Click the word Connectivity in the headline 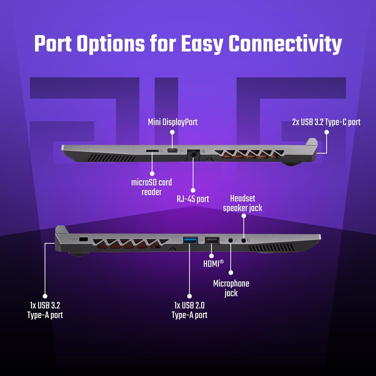[x=285, y=44]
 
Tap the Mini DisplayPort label [x=173, y=122]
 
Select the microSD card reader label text [x=151, y=187]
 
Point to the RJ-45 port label [x=193, y=199]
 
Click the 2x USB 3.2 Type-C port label [x=326, y=122]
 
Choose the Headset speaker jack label [x=242, y=203]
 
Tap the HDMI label [x=213, y=264]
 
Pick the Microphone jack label [x=231, y=289]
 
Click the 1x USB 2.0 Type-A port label [x=189, y=310]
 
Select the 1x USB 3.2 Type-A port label [x=45, y=310]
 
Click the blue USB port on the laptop [x=190, y=240]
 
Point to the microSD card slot [x=152, y=151]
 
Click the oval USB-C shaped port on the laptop [x=172, y=151]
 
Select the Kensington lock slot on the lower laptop [x=83, y=239]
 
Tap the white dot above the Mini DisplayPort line [x=172, y=132]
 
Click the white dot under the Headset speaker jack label [x=244, y=216]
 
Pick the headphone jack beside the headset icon [x=244, y=240]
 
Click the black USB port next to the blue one [x=212, y=240]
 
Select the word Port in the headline [x=53, y=44]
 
